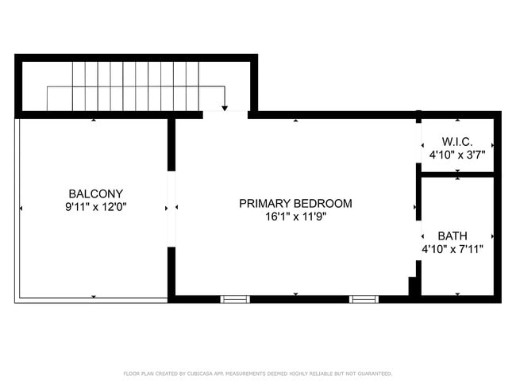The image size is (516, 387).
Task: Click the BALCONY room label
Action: point(95,193)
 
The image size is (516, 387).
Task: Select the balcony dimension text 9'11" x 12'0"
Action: point(95,207)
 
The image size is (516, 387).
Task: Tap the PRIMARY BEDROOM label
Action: point(295,203)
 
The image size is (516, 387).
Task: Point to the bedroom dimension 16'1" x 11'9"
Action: point(295,216)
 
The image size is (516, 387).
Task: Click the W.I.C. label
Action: point(456,142)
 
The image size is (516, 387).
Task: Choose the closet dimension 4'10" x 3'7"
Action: point(456,155)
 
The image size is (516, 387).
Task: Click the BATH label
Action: point(452,236)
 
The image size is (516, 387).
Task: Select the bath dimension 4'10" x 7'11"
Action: point(452,249)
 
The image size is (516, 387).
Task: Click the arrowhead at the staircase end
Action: point(225,109)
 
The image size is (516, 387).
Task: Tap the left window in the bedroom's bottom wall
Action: point(235,299)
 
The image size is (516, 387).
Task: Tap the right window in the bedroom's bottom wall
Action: point(364,299)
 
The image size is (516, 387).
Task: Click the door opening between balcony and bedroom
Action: point(171,209)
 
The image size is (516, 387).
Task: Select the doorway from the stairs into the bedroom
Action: point(225,115)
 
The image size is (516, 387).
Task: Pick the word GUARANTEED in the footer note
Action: point(373,374)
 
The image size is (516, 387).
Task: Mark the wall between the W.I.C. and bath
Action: point(457,174)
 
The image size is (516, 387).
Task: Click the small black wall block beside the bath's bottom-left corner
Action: point(412,285)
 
